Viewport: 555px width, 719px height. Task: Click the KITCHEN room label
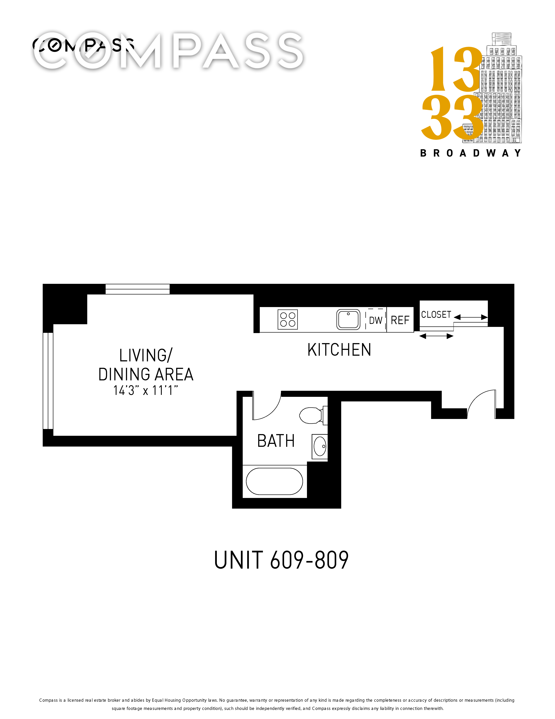point(339,350)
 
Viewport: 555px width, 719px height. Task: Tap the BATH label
point(276,441)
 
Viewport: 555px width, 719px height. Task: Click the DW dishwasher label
point(376,320)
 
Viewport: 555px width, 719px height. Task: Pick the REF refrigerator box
point(400,320)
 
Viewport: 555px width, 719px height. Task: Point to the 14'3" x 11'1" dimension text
point(146,390)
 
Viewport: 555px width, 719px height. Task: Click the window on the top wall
point(138,289)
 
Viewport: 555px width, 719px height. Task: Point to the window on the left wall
point(48,381)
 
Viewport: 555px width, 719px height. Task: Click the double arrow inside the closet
point(471,317)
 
